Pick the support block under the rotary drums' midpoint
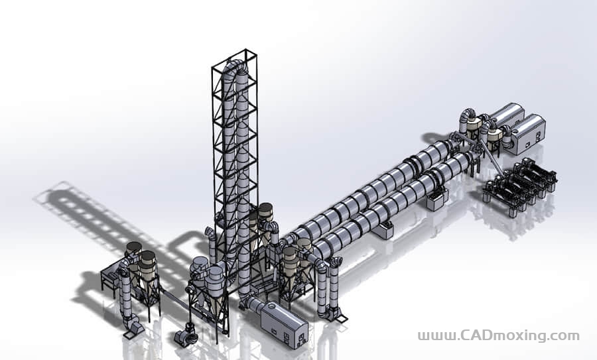(x=385, y=229)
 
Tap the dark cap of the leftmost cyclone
(x=134, y=247)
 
